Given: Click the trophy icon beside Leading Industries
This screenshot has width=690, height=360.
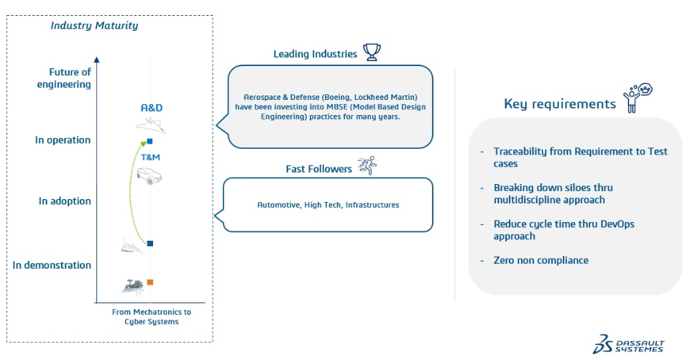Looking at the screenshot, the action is point(372,52).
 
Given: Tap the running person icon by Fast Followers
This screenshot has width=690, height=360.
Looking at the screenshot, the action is point(367,165).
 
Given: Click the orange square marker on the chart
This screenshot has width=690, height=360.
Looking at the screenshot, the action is point(150,282).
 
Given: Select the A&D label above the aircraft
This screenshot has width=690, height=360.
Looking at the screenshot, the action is point(152,108).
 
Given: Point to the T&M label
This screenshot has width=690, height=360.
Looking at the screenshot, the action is point(150,157).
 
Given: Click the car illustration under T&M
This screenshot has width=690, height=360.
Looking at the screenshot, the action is point(149,176).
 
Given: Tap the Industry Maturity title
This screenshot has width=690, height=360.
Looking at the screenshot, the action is point(94,26).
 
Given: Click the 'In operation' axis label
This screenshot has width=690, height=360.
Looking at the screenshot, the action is point(63,140).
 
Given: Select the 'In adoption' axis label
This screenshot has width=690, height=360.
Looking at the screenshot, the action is point(65,201).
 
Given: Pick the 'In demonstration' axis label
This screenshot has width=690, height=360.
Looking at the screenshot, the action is point(52,265).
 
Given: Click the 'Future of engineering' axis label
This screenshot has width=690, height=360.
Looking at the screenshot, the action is point(64,78).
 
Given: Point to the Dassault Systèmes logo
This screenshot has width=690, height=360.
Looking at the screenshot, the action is point(628,344).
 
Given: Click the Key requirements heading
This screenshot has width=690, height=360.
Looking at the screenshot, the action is point(560,104).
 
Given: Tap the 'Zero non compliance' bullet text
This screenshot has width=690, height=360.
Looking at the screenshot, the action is point(540,260).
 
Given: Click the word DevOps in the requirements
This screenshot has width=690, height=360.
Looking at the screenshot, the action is point(617,224).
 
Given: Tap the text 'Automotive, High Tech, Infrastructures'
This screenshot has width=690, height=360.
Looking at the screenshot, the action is point(328,205).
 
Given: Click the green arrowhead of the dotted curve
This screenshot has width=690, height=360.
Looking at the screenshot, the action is point(144,143).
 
